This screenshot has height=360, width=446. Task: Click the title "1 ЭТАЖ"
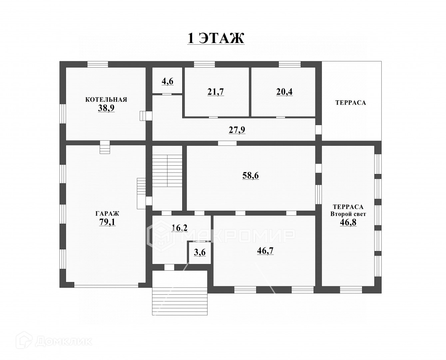[216, 38]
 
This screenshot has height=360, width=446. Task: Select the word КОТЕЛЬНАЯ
[106, 99]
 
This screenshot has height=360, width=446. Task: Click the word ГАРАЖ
[107, 214]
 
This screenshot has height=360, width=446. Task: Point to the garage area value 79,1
[107, 222]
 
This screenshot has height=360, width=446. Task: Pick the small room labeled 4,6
[167, 81]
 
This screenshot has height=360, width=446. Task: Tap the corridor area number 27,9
[237, 130]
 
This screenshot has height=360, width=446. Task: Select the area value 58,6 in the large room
[250, 175]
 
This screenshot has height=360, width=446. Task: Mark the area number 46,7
[265, 251]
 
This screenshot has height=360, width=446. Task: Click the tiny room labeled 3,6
[200, 252]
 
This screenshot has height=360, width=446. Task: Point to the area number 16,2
[179, 228]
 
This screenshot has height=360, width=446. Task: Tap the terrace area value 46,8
[348, 222]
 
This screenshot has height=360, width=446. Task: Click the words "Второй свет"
[348, 214]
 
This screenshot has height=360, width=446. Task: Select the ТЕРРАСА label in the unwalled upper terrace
[350, 103]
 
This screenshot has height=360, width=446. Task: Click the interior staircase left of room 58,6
[167, 171]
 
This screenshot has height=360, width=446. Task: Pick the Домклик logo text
[63, 341]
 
